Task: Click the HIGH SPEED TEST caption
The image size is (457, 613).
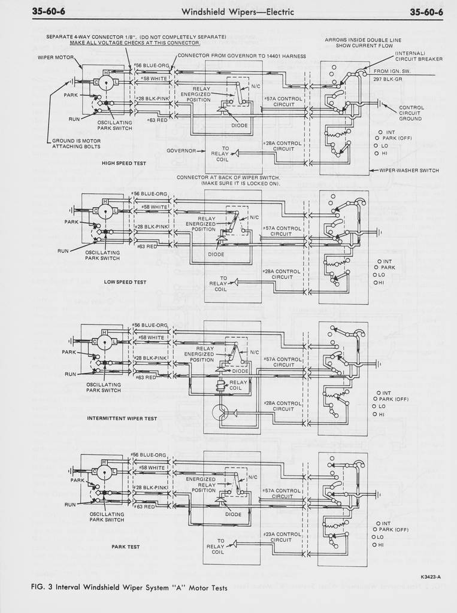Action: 124,163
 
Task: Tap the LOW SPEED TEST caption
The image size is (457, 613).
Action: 125,281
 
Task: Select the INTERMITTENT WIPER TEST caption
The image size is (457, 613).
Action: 122,418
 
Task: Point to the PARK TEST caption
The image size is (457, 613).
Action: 126,547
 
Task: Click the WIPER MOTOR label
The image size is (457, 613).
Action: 56,58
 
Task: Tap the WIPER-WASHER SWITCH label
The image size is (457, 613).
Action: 409,170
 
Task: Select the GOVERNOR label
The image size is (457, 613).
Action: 181,150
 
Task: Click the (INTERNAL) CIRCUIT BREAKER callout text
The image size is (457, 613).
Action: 419,56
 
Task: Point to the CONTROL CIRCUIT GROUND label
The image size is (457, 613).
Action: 411,113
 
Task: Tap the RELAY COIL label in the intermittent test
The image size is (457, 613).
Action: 238,385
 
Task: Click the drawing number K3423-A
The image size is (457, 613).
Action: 431,577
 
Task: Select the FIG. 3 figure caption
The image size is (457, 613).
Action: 129,588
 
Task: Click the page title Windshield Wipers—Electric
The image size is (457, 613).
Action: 238,12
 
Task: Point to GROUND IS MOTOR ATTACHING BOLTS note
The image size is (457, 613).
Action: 76,144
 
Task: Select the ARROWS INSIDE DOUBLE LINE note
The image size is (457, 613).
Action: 364,43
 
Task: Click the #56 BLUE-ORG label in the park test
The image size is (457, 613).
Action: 150,455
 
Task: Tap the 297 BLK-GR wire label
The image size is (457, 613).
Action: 388,78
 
